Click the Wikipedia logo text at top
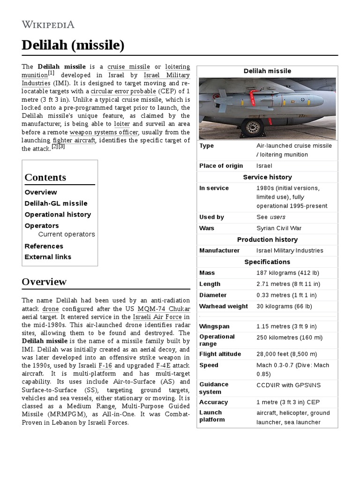point(48,24)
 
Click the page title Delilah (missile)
point(73,45)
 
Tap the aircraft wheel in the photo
point(253,127)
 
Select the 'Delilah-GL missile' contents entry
point(56,203)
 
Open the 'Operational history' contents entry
point(58,215)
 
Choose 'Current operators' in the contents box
point(67,234)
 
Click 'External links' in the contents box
point(48,257)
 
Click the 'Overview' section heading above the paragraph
point(44,282)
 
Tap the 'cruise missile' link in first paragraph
point(128,67)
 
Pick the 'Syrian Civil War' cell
point(279,228)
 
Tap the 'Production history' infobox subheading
point(267,240)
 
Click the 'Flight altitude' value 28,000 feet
point(286,354)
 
